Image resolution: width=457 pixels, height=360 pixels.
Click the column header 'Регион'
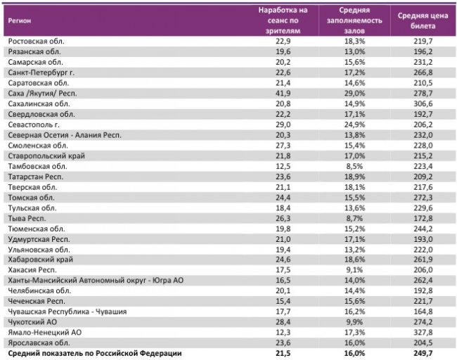[19, 20]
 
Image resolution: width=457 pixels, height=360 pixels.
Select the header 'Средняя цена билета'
[424, 20]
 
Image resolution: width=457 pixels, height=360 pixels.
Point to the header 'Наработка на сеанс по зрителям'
[283, 20]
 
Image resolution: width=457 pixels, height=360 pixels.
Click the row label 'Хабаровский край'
[39, 259]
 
